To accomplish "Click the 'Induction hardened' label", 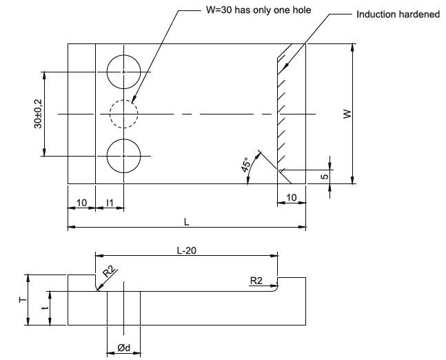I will tap(398, 14).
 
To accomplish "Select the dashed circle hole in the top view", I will tap(123, 113).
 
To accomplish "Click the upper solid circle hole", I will tap(123, 71).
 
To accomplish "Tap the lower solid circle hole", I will tap(123, 156).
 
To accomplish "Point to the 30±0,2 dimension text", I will tap(37, 113).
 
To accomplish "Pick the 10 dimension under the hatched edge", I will tap(292, 199).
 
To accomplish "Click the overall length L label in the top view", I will tap(187, 221).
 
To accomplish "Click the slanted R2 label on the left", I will tap(108, 272).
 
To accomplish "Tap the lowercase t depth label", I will tap(43, 308).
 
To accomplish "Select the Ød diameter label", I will tap(123, 348).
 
